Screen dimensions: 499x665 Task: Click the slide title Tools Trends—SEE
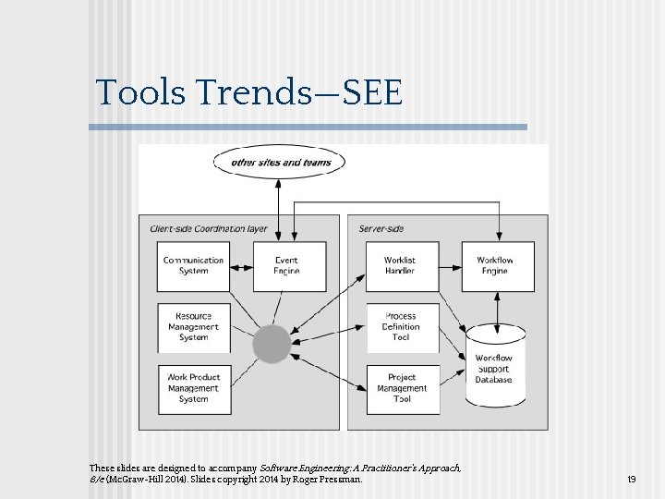pyautogui.click(x=249, y=92)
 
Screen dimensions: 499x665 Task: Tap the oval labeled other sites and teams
pyautogui.click(x=279, y=163)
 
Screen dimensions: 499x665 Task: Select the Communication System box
pyautogui.click(x=194, y=266)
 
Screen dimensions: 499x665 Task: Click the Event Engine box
pyautogui.click(x=286, y=266)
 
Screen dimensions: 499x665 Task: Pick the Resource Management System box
pyautogui.click(x=194, y=327)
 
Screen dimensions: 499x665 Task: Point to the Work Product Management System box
pyautogui.click(x=194, y=388)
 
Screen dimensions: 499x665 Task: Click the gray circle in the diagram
pyautogui.click(x=272, y=344)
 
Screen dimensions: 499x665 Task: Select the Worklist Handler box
pyautogui.click(x=400, y=266)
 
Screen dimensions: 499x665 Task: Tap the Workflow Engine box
pyautogui.click(x=495, y=266)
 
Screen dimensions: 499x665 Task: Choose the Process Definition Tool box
pyautogui.click(x=400, y=327)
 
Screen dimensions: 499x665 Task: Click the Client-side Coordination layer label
pyautogui.click(x=209, y=228)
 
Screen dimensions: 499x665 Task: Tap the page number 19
pyautogui.click(x=632, y=480)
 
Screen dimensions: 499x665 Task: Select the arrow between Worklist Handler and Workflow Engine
pyautogui.click(x=448, y=267)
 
